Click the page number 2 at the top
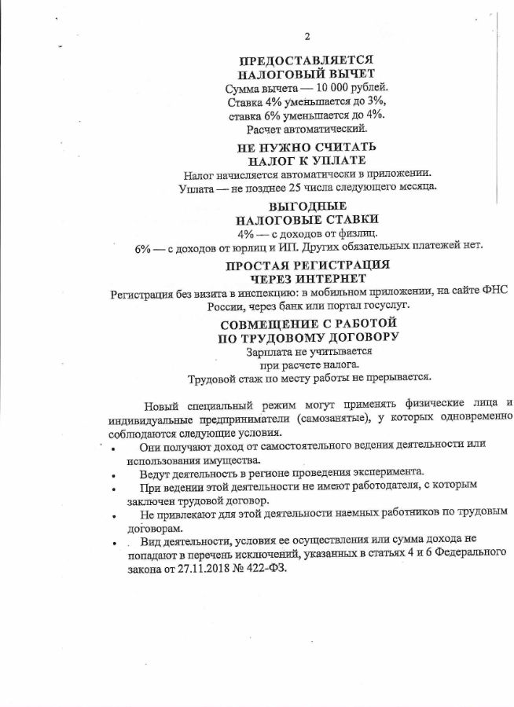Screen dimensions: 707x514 pos(307,37)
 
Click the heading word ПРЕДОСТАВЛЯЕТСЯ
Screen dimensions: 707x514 pos(306,60)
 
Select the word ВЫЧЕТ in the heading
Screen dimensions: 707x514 pos(342,74)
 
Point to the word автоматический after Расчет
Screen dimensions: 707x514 pos(323,128)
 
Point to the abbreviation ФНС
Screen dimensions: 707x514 pos(496,291)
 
